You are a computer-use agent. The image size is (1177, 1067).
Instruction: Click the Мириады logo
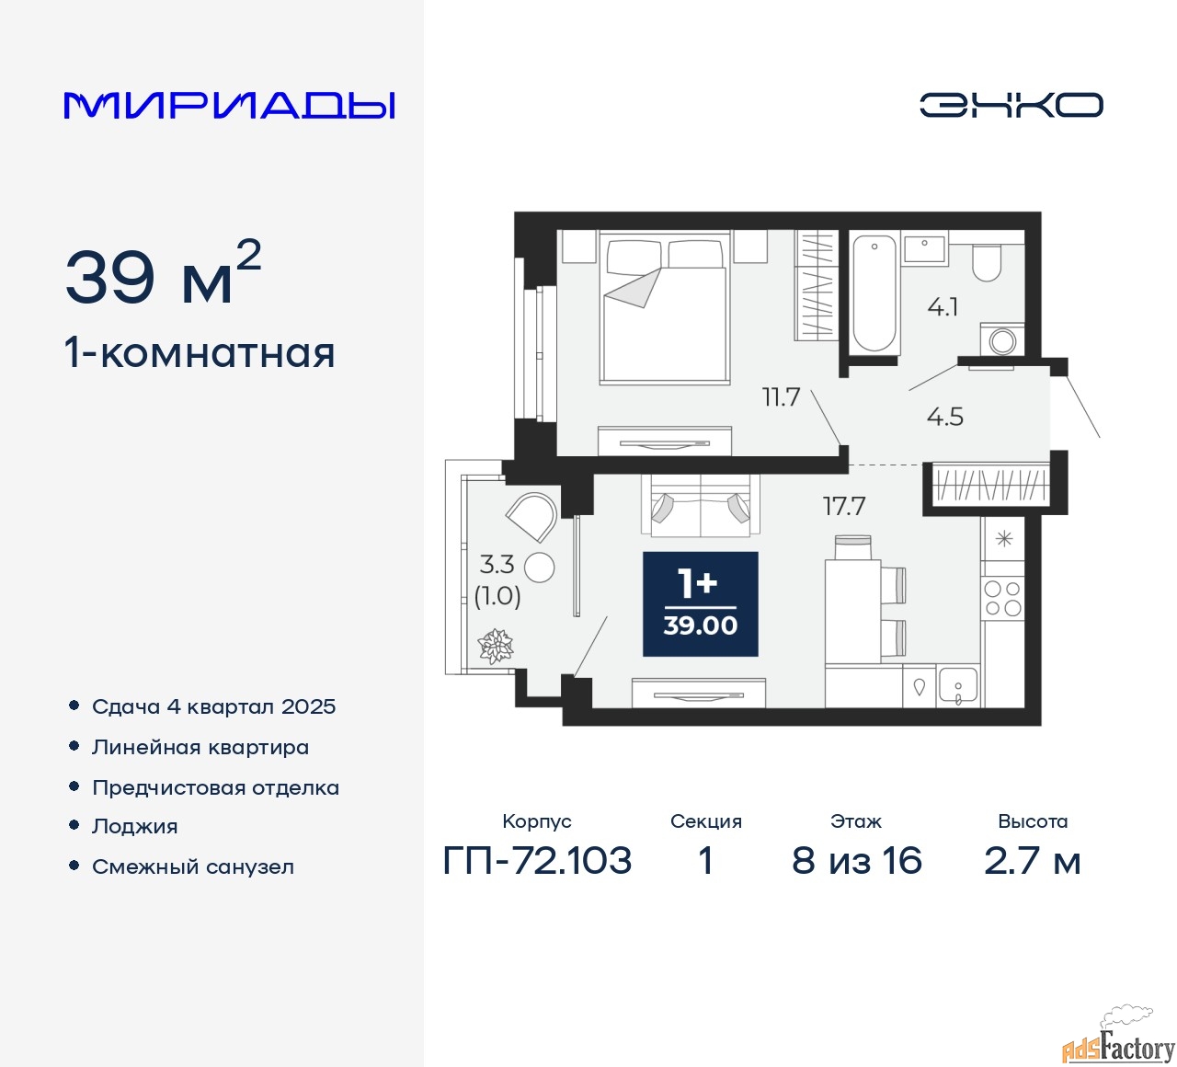(x=229, y=106)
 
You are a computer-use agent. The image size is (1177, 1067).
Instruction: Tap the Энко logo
(x=1011, y=105)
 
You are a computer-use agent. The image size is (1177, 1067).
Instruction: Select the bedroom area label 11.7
(x=781, y=397)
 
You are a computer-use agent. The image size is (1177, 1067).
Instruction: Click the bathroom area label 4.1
(x=943, y=307)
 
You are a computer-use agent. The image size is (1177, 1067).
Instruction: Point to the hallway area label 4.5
(x=944, y=417)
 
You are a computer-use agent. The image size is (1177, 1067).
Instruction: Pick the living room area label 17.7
(x=844, y=506)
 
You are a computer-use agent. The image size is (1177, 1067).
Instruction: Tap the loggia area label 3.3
(x=497, y=565)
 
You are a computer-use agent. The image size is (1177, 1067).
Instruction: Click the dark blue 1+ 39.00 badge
(x=700, y=603)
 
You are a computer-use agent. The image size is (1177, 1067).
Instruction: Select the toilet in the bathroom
(x=987, y=263)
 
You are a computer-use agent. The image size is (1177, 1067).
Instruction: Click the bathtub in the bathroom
(x=874, y=293)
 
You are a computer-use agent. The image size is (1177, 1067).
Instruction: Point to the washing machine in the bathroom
(x=1002, y=339)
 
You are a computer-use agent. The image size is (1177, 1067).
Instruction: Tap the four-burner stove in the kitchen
(x=1002, y=598)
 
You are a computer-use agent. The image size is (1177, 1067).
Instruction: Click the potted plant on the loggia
(x=497, y=646)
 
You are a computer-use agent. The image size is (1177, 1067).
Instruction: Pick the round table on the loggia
(x=539, y=568)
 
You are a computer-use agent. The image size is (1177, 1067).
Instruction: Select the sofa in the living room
(x=700, y=505)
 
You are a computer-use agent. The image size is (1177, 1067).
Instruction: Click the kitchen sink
(x=957, y=684)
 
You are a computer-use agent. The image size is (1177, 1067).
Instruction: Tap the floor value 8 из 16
(x=857, y=860)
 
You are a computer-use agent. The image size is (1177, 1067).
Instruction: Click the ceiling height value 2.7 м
(x=1032, y=861)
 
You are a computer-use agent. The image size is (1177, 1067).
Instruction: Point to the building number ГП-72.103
(x=537, y=860)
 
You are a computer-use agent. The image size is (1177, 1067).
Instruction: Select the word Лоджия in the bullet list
(x=134, y=826)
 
